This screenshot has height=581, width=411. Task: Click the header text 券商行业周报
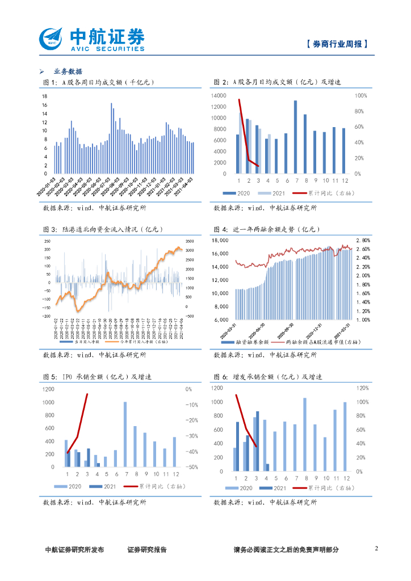[336, 44]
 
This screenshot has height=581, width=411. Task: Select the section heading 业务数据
[68, 71]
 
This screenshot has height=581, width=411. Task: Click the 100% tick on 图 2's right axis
[361, 96]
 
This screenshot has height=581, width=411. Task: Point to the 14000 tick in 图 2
[218, 96]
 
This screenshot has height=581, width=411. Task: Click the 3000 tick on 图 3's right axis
[191, 250]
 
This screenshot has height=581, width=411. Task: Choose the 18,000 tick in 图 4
[220, 240]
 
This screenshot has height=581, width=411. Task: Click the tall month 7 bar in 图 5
[125, 434]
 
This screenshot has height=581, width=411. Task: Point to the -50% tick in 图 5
[191, 467]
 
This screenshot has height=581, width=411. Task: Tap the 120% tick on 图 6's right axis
[363, 388]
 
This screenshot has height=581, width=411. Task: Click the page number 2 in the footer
[376, 548]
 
